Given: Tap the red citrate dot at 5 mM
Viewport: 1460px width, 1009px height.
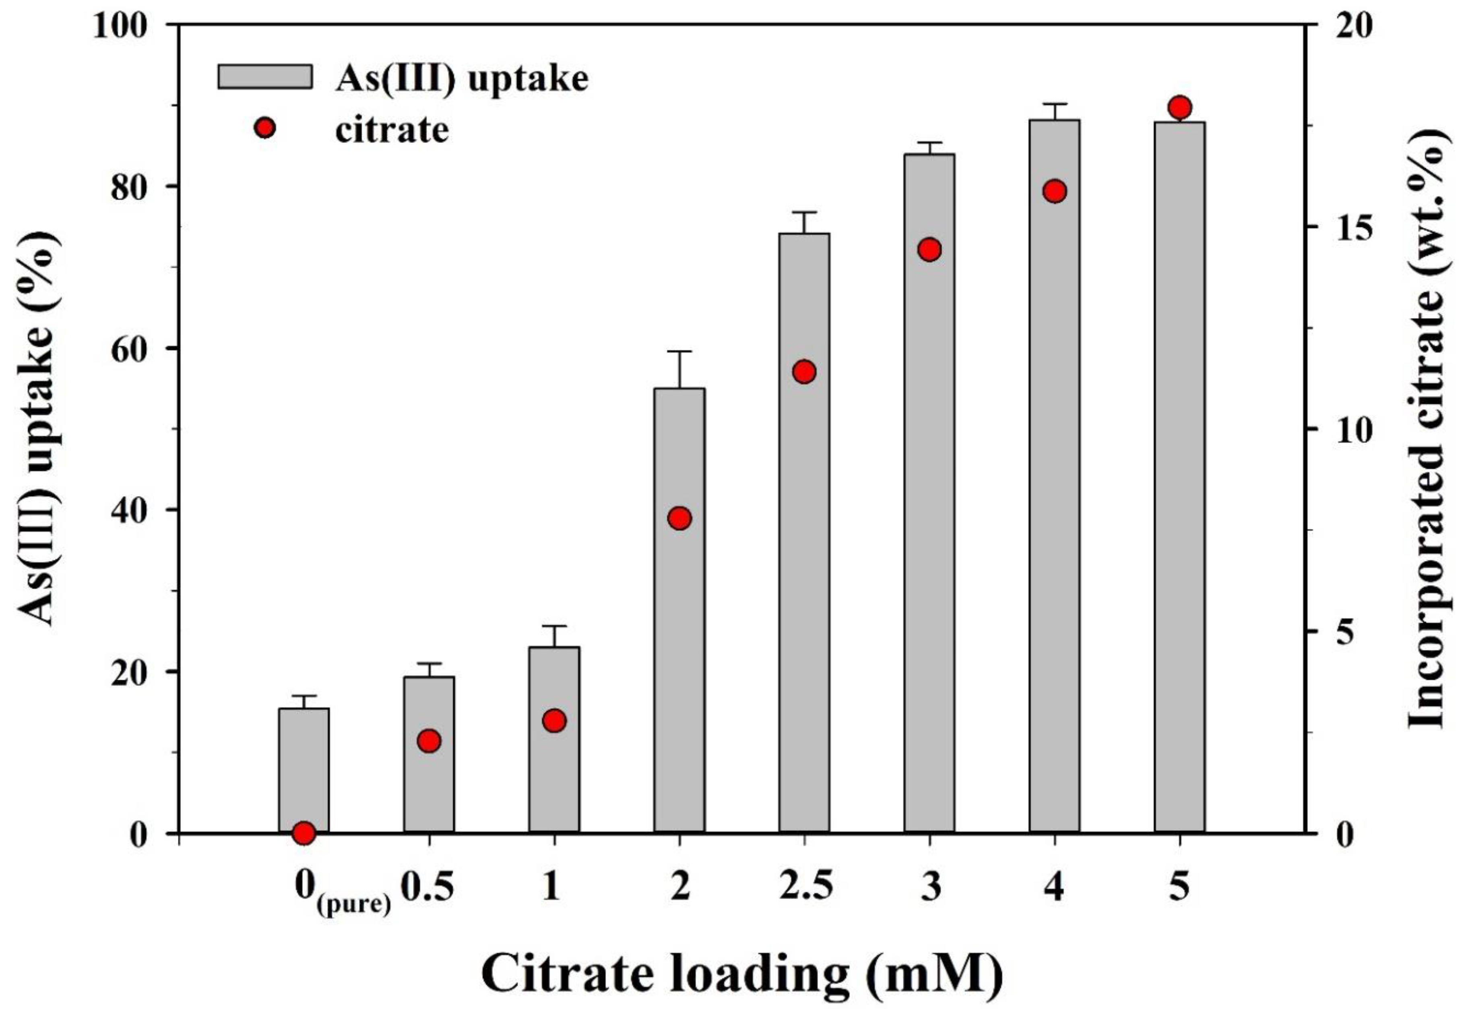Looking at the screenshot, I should click(1179, 108).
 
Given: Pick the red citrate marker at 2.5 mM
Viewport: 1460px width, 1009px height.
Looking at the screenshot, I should click(804, 372).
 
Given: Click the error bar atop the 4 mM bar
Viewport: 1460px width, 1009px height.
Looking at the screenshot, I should click(1054, 104).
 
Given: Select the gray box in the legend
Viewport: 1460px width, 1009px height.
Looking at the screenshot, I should click(265, 77).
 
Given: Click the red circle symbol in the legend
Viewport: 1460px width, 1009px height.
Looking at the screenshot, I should click(265, 128).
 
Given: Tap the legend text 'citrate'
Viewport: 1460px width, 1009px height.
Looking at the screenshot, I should click(392, 130).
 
